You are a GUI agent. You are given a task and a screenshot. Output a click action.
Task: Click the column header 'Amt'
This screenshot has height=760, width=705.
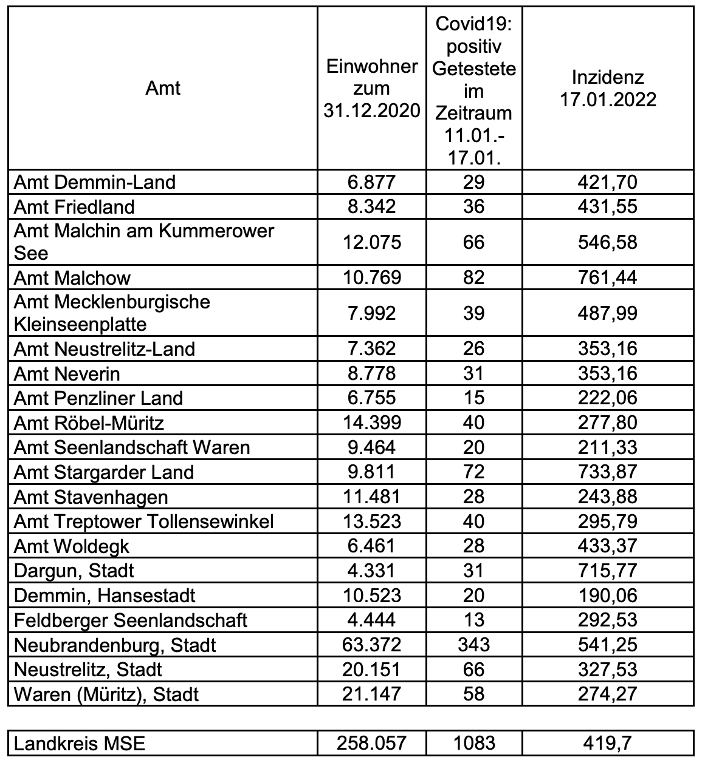[163, 89]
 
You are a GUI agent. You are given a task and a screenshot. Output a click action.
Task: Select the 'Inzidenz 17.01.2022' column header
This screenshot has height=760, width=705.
[608, 89]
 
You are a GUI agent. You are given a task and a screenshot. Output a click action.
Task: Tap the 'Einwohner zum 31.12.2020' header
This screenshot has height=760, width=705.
[371, 89]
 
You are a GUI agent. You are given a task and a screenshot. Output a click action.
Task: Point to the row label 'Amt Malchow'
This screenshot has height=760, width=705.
[72, 278]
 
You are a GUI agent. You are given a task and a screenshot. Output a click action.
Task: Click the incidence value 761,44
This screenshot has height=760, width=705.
[608, 278]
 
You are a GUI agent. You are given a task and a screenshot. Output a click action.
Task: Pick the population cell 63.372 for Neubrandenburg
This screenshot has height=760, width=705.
[371, 645]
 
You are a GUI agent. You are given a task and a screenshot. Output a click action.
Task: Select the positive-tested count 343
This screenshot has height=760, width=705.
[473, 645]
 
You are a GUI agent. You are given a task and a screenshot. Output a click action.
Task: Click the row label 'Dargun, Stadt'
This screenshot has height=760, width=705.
[74, 571]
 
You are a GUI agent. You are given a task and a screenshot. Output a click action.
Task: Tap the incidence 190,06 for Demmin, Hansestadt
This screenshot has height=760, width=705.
[608, 595]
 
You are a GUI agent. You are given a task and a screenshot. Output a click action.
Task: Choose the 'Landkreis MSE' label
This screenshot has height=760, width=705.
[80, 744]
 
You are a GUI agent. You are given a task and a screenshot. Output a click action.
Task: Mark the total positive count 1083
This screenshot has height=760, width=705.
[473, 744]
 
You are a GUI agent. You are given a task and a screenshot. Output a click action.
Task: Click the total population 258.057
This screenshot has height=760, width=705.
[371, 744]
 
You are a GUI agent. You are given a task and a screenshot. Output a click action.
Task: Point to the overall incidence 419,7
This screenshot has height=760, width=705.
[608, 744]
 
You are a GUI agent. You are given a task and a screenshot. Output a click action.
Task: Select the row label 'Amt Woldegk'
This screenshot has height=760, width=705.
[71, 546]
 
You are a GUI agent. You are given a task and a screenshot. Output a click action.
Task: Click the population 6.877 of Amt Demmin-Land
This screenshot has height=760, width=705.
[371, 182]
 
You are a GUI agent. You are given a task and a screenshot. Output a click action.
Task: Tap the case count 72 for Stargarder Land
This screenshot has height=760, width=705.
[473, 472]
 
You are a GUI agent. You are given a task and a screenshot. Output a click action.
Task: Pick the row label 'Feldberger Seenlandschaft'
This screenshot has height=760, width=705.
[130, 620]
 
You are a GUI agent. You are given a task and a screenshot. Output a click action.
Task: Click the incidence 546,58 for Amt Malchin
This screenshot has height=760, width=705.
[608, 242]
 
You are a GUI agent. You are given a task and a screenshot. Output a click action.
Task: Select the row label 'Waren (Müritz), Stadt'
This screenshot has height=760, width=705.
[106, 694]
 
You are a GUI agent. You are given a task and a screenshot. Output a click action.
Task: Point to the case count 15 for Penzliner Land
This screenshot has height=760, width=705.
[473, 398]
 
